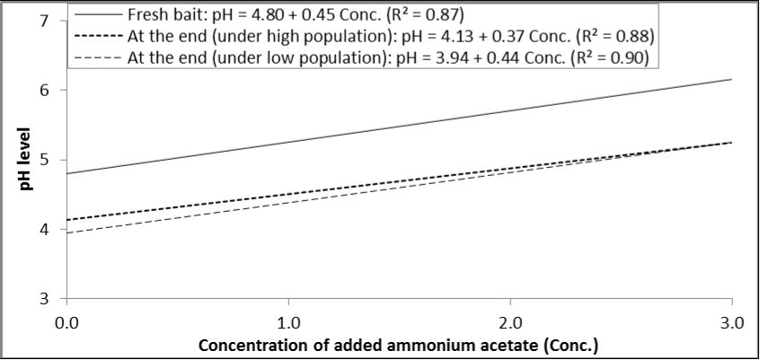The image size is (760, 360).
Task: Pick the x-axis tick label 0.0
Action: tap(66, 320)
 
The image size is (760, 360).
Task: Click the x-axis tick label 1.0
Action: tap(288, 320)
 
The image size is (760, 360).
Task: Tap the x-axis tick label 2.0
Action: tap(510, 320)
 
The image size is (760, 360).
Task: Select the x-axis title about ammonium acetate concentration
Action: tap(398, 344)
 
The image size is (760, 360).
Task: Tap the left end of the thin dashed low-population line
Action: tap(67, 233)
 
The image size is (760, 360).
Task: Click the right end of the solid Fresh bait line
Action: tap(732, 79)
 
